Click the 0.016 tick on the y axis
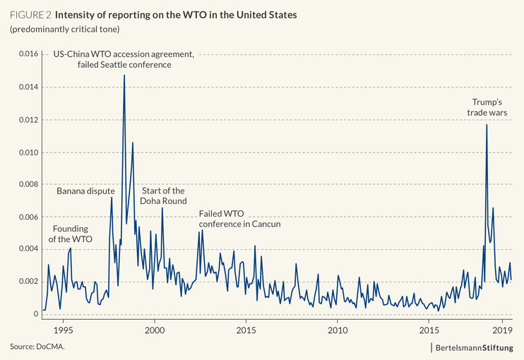click(x=25, y=54)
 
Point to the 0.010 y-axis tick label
click(x=25, y=152)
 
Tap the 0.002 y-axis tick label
click(x=25, y=282)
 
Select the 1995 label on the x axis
click(x=63, y=330)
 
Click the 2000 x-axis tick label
click(x=155, y=330)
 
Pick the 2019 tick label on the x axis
click(x=502, y=330)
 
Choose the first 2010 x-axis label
click(x=338, y=330)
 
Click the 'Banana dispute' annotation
click(x=85, y=191)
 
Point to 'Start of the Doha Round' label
click(x=164, y=196)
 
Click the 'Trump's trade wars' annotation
click(x=487, y=107)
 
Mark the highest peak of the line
click(x=124, y=75)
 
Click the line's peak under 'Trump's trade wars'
click(x=487, y=125)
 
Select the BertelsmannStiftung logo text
click(x=480, y=347)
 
